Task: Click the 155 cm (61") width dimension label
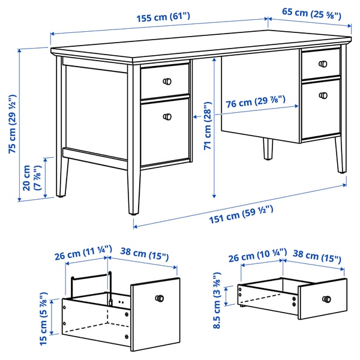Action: [x=163, y=17]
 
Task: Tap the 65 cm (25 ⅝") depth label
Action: [x=311, y=14]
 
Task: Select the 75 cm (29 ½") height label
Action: [x=13, y=124]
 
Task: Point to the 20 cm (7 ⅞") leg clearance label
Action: [x=32, y=178]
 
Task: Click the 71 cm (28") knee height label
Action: [x=208, y=126]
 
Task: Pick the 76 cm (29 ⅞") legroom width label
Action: [x=256, y=102]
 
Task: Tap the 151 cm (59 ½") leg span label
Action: [x=241, y=214]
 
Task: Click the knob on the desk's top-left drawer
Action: [x=167, y=82]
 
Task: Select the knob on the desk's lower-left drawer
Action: [x=167, y=116]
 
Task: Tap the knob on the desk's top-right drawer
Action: [x=323, y=64]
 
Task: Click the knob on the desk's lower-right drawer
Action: [x=323, y=95]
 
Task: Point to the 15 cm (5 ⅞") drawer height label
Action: [x=43, y=319]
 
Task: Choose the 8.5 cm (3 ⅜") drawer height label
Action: [x=217, y=301]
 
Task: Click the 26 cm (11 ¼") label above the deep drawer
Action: [x=83, y=253]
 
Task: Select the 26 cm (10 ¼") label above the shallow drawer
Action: [x=257, y=256]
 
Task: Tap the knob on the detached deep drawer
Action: [x=160, y=298]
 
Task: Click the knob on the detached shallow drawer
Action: [x=326, y=299]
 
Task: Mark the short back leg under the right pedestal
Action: [x=268, y=149]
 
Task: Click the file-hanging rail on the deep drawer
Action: [x=91, y=277]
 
